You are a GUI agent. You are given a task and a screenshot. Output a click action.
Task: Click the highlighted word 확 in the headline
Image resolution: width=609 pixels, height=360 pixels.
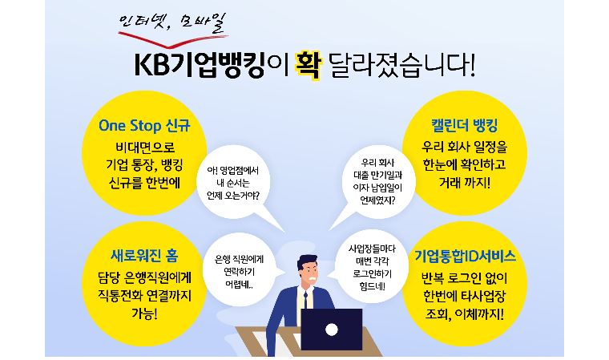point(308,64)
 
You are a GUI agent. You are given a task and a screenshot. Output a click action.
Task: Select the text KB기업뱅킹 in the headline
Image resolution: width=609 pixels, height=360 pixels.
point(200,64)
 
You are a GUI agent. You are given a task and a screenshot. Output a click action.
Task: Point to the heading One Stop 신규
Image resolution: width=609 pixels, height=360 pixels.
point(144,126)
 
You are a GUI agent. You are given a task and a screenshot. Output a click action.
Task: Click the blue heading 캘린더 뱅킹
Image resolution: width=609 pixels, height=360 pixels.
point(465,125)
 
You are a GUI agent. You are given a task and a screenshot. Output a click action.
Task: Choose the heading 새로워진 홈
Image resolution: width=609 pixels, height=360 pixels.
point(144,256)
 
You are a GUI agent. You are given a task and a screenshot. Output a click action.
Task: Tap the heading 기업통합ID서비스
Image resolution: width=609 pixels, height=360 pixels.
point(465,256)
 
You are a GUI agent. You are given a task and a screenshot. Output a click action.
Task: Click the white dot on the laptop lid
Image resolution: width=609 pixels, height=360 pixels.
point(331,330)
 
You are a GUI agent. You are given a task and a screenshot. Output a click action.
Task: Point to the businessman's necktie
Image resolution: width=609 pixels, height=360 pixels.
point(305,300)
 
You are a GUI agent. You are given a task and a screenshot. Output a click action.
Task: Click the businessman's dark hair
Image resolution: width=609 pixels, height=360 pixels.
point(308,261)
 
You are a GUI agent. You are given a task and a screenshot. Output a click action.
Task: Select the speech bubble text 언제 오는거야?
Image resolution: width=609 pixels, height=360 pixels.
point(233,195)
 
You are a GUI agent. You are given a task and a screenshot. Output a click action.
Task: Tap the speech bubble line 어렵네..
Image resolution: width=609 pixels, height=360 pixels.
point(239,285)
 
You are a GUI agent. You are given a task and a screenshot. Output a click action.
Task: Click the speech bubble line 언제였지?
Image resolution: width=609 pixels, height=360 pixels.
point(377,200)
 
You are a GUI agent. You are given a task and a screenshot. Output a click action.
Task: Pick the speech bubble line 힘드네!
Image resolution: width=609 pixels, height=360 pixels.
point(372,286)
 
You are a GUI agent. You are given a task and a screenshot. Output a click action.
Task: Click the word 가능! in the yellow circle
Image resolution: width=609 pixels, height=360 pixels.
point(144,313)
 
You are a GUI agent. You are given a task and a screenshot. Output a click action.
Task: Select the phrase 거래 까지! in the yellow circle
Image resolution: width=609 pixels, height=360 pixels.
point(465,182)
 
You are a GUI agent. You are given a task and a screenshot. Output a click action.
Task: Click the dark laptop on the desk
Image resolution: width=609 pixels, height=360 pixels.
point(332,330)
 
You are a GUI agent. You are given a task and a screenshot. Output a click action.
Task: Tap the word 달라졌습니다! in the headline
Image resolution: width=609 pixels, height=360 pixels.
point(401,64)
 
